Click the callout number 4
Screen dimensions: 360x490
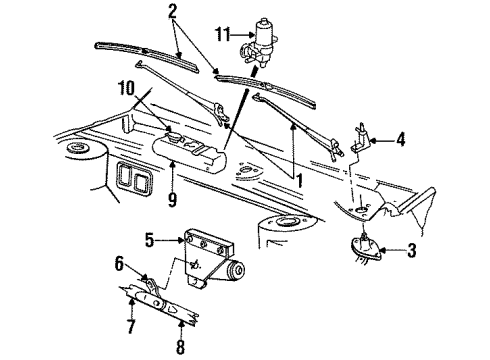click(401, 141)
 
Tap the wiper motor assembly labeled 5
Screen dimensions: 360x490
click(215, 265)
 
